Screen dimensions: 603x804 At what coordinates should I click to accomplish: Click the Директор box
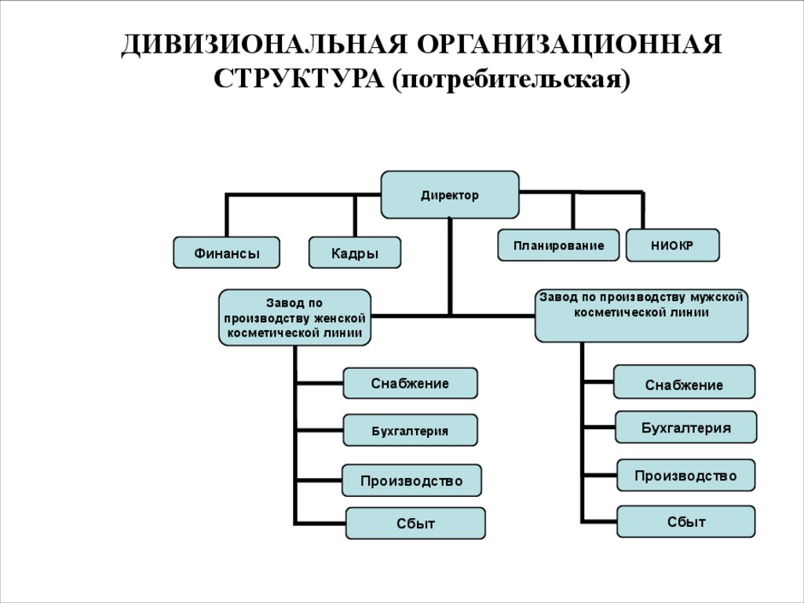pos(450,194)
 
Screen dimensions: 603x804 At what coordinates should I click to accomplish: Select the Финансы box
pos(226,253)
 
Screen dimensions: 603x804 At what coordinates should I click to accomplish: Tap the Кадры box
pos(354,253)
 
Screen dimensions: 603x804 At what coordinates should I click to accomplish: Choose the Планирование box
pos(558,245)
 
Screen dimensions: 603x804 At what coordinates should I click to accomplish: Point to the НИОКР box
pos(672,245)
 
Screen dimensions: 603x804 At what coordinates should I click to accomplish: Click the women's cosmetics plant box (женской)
pos(294,318)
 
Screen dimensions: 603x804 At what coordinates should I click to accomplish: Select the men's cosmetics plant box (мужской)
pos(641,314)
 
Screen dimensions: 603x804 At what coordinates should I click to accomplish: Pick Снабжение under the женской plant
pos(410,383)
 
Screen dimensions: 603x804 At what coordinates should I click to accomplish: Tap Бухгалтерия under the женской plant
pos(410,430)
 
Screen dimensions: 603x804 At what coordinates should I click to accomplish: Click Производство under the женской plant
pos(411,480)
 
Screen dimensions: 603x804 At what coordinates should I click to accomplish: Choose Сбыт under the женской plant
pos(415,524)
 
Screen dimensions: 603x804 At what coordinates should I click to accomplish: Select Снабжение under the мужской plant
pos(684,383)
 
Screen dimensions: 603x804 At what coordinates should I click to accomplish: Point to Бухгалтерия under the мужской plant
pos(685,428)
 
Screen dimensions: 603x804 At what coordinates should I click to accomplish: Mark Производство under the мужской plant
pos(685,476)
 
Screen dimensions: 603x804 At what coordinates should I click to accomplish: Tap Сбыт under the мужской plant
pos(686,521)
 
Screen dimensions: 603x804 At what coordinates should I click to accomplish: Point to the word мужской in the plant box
pos(715,297)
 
